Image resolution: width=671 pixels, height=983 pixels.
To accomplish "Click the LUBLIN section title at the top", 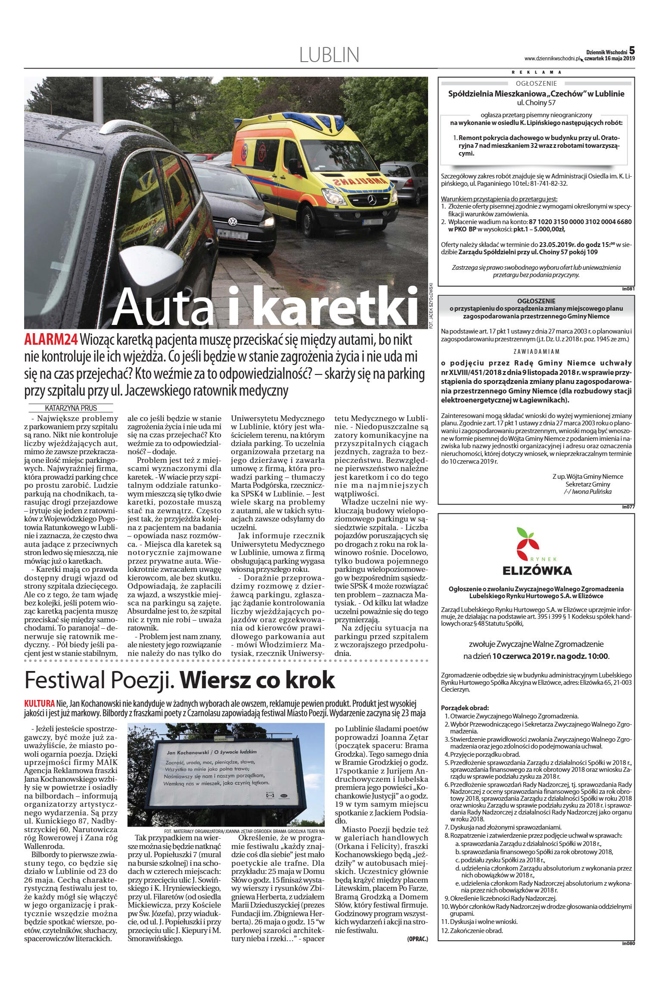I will [329, 55].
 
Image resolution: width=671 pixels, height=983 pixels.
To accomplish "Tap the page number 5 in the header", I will [632, 50].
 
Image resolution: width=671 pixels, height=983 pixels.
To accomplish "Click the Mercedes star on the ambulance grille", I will [371, 200].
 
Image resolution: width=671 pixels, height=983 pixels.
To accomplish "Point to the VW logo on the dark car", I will [233, 222].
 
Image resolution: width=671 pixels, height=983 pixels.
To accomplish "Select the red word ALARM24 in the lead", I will [51, 340].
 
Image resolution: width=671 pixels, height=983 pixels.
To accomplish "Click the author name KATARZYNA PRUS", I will [71, 408].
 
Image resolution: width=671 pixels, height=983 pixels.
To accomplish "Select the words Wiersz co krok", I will [257, 680].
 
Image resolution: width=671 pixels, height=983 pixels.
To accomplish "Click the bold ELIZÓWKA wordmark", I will [537, 571].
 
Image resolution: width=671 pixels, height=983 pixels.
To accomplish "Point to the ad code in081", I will [628, 289].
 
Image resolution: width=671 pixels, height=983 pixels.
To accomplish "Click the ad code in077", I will [628, 507].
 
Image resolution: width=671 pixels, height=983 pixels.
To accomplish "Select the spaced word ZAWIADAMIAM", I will [536, 352].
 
